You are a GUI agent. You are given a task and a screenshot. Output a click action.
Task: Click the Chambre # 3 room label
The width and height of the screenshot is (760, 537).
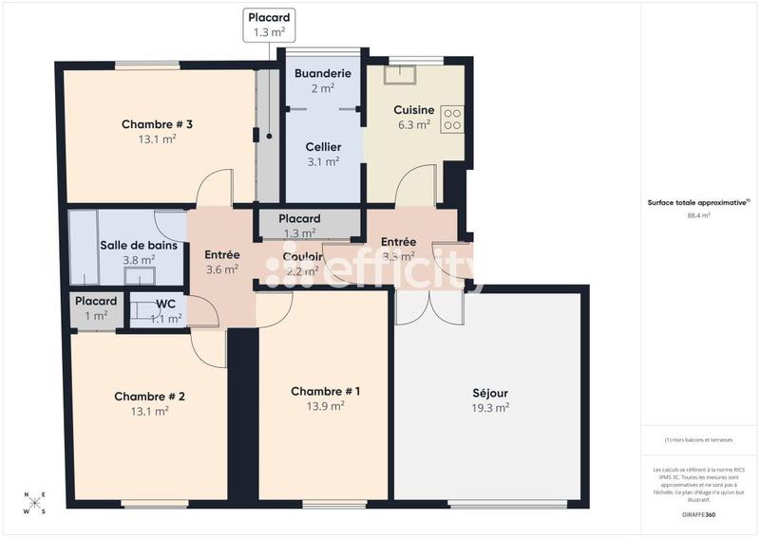[x=158, y=124]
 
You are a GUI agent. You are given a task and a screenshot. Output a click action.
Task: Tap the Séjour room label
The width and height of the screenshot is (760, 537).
[x=490, y=393]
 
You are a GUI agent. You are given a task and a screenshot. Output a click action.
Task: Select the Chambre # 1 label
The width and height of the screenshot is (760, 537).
[x=325, y=391]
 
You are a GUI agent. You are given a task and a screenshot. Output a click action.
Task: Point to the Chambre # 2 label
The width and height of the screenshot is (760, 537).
[x=149, y=397]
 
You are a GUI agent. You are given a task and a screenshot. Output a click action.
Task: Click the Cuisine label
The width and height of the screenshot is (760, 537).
[x=414, y=110]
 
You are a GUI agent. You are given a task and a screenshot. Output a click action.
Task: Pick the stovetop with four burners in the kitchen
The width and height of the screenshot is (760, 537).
[x=453, y=119]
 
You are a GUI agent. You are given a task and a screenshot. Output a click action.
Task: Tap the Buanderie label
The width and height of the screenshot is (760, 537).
[x=323, y=73]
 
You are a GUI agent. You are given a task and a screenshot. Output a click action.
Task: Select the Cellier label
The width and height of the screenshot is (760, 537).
[x=323, y=147]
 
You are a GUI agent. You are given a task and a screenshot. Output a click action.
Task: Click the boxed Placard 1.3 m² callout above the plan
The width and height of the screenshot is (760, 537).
[x=269, y=25]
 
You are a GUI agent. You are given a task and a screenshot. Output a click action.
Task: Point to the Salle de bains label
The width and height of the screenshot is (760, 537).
[x=139, y=246]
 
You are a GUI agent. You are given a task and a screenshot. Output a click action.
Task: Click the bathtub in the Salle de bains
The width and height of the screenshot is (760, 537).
[x=83, y=247]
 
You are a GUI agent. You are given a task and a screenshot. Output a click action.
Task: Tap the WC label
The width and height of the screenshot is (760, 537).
[x=166, y=305]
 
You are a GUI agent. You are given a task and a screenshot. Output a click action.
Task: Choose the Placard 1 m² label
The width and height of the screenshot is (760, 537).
[x=96, y=302]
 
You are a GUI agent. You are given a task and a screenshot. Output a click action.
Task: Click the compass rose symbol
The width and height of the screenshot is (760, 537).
[x=34, y=503]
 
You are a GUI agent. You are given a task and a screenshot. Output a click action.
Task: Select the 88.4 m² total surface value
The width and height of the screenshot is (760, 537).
[x=698, y=215]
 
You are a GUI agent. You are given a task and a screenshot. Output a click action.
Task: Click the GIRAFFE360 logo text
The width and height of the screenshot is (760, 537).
[x=698, y=513]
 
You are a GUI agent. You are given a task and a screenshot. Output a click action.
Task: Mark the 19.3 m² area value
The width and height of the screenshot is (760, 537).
[x=490, y=407]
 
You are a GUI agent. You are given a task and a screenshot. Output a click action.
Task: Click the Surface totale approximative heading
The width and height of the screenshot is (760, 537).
[x=698, y=202]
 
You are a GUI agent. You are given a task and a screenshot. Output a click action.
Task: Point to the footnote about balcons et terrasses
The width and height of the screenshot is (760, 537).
[x=698, y=440]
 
